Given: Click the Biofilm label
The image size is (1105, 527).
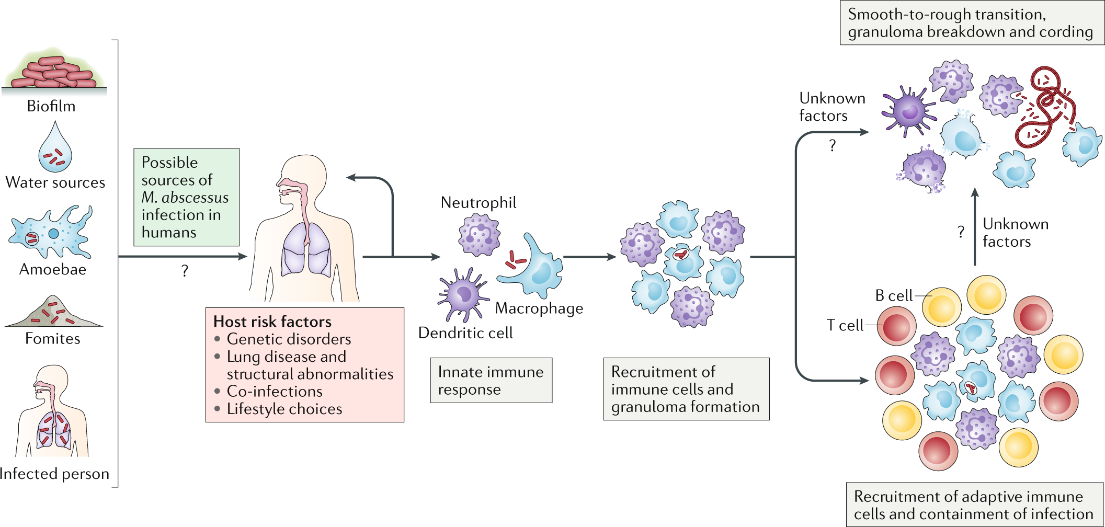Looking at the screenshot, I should coord(51,106).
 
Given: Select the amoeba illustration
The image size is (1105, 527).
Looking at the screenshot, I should coord(50,233).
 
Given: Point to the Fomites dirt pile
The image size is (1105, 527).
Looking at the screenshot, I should coord(53,313).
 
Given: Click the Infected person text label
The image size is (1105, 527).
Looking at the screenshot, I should coord(54,474).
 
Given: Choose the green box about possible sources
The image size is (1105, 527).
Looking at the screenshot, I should coord(186,197).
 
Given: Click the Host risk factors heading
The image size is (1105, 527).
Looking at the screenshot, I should coord(272,321).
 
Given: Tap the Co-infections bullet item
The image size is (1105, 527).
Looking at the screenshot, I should coord(274,391).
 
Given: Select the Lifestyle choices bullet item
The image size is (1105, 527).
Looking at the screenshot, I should coord(284,409).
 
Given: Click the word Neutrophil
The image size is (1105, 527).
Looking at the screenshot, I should coord(478,202).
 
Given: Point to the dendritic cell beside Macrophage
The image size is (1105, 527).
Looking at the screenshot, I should coord(463,294).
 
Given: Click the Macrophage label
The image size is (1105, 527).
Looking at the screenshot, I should coord(539,308).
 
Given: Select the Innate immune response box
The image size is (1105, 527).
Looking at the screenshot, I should coord(491,380).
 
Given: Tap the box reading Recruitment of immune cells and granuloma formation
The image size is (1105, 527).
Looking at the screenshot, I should coord(686,389).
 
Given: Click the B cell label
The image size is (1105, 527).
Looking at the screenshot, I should coord(893,296).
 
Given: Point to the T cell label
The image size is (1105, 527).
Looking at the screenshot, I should coord(845,325).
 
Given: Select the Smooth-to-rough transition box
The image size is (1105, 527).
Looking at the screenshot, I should coord(971,23).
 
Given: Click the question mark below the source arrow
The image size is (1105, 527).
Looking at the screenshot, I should coord(185,271).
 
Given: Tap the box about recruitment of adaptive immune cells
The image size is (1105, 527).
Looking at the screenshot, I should coord(974,505).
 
